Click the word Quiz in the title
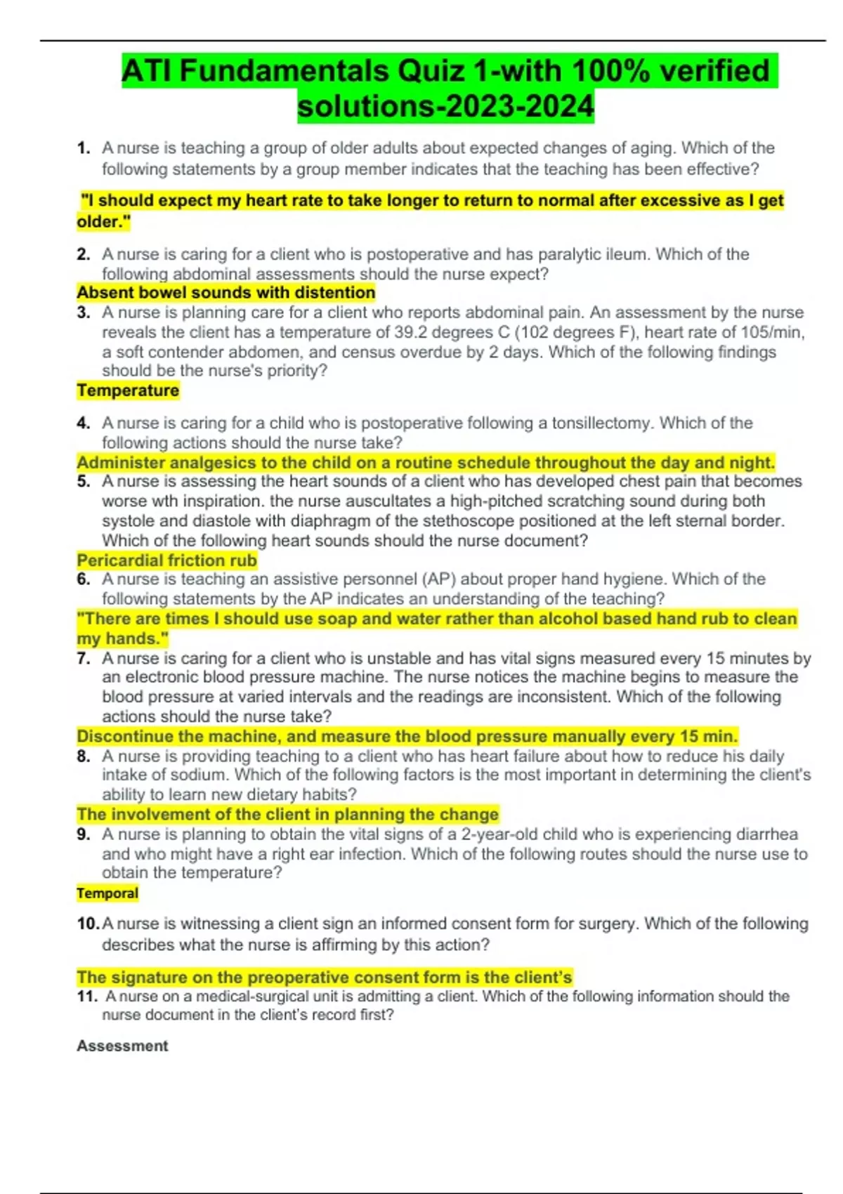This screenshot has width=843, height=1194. pos(431,71)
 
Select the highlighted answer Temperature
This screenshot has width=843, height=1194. pos(128,391)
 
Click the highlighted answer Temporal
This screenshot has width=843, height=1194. pos(107,893)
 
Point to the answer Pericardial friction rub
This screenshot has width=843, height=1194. pos(166,560)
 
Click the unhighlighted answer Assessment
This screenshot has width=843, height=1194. pos(122,1046)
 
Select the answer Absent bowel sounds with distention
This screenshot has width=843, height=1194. pos(226,292)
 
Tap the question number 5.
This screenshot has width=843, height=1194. pos(84,482)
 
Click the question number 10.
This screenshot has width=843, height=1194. pos(88,924)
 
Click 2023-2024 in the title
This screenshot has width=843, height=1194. pos(520,106)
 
